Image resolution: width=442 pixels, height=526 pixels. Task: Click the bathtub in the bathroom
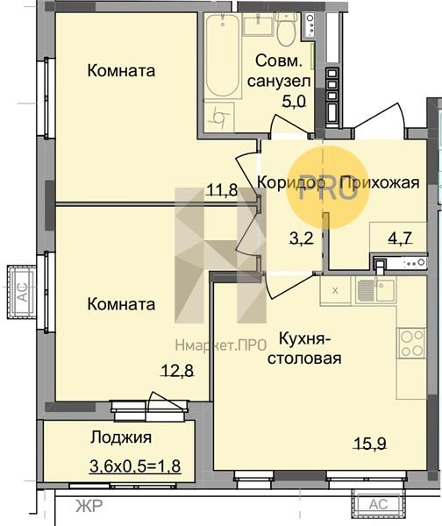223,55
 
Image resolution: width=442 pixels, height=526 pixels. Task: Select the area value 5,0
294,101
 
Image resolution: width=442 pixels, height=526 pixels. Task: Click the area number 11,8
222,190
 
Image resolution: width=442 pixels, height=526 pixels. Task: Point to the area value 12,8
177,371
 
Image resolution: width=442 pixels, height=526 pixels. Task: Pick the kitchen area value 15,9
370,443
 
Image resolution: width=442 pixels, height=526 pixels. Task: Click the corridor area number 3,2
301,238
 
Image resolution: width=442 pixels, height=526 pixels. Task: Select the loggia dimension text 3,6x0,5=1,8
135,466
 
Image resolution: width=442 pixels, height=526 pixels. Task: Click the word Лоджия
121,437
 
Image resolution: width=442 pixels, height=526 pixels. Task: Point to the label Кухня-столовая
304,349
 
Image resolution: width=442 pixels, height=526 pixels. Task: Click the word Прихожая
380,183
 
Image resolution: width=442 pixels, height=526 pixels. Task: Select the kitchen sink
375,290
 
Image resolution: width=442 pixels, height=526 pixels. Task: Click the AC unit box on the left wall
23,292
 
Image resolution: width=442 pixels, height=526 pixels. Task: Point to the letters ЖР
89,506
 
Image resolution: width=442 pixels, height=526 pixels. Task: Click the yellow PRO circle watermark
328,188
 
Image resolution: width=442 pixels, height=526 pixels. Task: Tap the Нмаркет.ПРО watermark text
220,345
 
